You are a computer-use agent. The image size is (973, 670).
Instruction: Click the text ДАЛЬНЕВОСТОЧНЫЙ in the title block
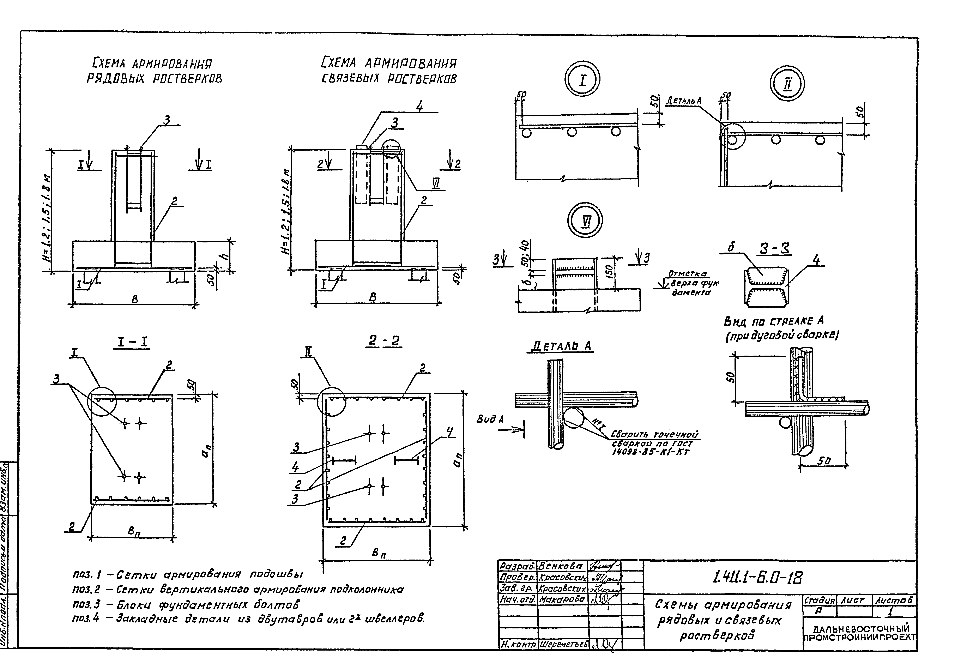coord(861,628)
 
